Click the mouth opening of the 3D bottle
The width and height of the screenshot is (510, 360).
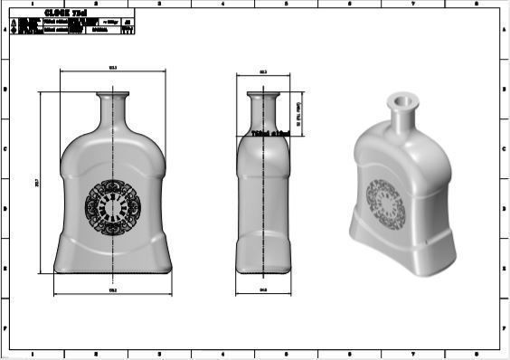[x=400, y=95]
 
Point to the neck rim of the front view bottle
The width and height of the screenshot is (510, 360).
[x=114, y=93]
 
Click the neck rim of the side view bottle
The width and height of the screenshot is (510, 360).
[x=263, y=93]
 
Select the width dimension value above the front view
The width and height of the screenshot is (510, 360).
[x=113, y=69]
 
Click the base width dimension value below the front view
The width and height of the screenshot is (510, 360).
[x=113, y=291]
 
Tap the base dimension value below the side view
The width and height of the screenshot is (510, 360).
[x=263, y=290]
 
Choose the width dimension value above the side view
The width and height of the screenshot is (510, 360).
[x=263, y=71]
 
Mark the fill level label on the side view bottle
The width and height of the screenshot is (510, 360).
[x=269, y=133]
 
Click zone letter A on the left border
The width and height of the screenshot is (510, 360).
[x=6, y=30]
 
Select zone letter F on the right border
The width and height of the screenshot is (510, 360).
[x=504, y=327]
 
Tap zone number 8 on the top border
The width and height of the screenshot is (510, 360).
[x=476, y=4]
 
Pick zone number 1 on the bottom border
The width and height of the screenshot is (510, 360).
[x=33, y=355]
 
